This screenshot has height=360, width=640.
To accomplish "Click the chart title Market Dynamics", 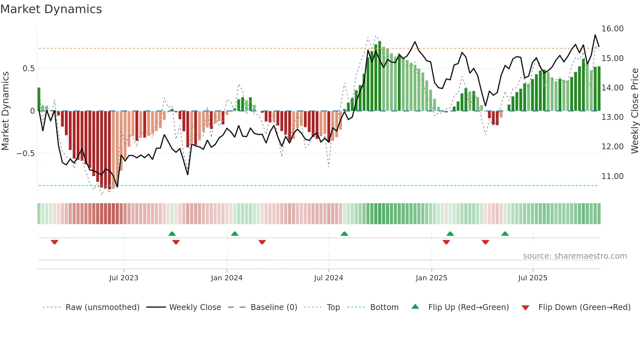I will coord(51,9).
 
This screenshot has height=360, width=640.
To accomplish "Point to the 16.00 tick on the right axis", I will coord(612,29).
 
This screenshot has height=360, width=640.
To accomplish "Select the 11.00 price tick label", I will coord(612,176).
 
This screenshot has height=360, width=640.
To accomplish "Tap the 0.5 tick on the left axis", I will coord(28,69).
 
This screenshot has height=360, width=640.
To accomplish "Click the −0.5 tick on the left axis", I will coord(26,154).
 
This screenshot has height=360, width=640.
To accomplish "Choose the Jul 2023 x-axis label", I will coord(124,278).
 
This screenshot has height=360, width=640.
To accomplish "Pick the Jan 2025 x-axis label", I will coord(431,278).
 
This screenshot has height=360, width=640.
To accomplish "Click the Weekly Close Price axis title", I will coord(634,111).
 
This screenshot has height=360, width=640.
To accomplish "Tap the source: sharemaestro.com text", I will coord(575,256).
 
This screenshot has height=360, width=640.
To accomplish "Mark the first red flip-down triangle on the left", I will coord(55,242).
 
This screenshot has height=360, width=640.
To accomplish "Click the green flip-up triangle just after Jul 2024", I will coord(344,234).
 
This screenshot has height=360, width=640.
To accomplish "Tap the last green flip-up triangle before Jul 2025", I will coord(505,234).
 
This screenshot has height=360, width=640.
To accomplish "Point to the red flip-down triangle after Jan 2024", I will coord(262,242).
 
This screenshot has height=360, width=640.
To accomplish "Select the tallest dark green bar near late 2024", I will coord(379,76).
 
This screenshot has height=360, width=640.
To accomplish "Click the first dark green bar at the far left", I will coord(39,99).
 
